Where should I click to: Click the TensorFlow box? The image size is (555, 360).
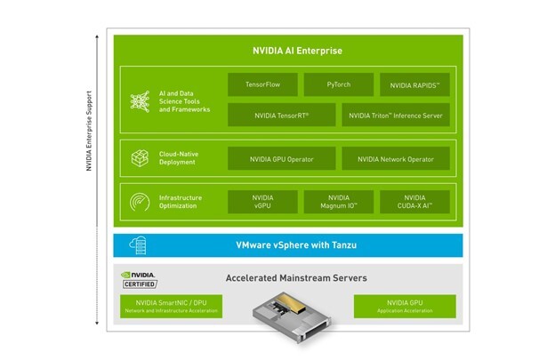click(x=262, y=85)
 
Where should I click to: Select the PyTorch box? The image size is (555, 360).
click(x=338, y=85)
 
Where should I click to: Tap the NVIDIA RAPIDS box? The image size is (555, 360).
click(x=414, y=85)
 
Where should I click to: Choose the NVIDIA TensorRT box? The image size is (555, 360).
click(x=281, y=115)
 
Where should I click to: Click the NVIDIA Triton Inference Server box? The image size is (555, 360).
click(x=395, y=115)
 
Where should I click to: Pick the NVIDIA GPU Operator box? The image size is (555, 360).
click(x=281, y=158)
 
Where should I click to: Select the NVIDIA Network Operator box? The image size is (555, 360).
click(x=395, y=158)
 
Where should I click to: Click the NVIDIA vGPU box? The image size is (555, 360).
click(x=262, y=201)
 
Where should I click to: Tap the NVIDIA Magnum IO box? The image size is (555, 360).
click(x=338, y=201)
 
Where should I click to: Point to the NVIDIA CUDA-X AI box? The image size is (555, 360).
click(x=414, y=201)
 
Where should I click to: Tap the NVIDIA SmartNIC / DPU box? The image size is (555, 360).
click(x=171, y=307)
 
